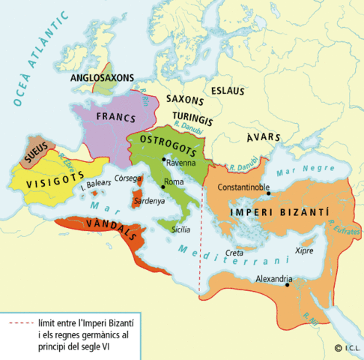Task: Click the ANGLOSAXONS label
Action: coord(102,77)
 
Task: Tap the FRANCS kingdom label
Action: coord(117,118)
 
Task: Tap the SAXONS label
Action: coord(185,99)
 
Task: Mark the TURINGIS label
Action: coord(193,118)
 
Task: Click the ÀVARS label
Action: coord(263,137)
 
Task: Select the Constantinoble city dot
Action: coord(267,195)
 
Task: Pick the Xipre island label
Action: coord(304,250)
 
